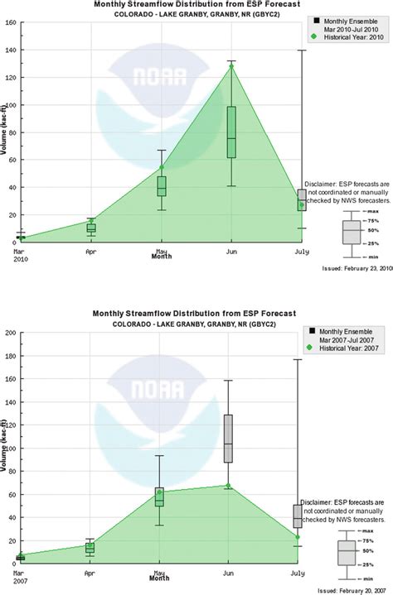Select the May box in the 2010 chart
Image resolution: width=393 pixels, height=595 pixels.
point(162,186)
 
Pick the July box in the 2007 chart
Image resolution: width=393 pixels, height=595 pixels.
point(298,516)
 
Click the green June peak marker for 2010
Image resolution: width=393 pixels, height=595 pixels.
point(231,67)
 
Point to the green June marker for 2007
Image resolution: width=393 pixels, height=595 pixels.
point(228,486)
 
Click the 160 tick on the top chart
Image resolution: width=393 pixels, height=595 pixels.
point(9,23)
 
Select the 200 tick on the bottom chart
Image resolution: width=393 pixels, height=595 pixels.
point(9,310)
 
